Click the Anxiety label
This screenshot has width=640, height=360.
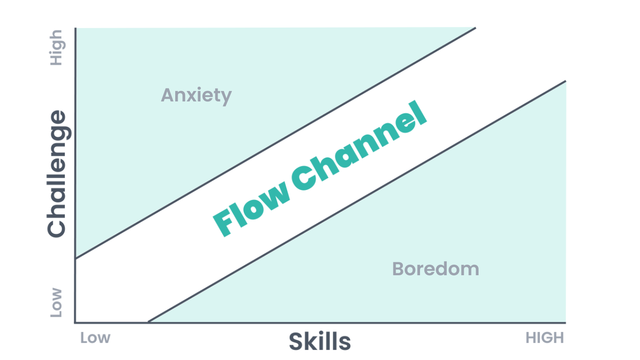coord(196,96)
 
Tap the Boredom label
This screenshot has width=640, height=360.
coord(435,269)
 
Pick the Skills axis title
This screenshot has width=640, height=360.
coord(320,341)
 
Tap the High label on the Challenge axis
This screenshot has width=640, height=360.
coord(56,48)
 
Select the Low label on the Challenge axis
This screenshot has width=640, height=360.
coord(56,302)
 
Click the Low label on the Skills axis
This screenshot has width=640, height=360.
coord(95,338)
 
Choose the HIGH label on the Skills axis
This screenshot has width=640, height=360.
coord(545,338)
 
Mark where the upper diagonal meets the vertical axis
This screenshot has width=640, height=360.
coord(76,259)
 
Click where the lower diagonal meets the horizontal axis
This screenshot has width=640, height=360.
coord(148,322)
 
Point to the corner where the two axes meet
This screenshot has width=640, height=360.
coord(76,322)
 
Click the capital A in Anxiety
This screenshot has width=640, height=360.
coord(167,96)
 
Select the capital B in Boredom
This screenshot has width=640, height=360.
coord(398,269)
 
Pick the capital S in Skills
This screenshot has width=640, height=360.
coord(296,341)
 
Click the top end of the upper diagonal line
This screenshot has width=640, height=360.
coord(475,28)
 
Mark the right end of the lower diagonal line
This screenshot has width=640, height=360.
coord(566,81)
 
